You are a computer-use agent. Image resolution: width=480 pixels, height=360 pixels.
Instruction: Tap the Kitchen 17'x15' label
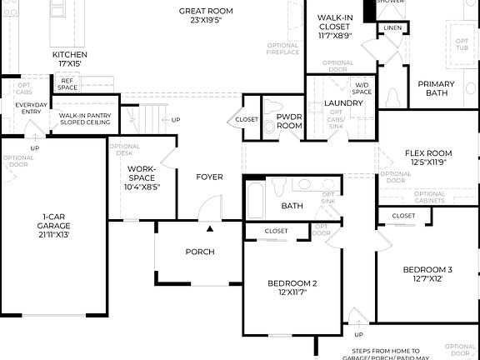[70, 59]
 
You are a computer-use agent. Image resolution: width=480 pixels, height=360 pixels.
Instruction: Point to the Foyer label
[209, 177]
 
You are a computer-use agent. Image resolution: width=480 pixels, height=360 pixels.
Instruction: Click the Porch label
[200, 252]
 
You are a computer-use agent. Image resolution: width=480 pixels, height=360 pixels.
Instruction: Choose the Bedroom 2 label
[292, 288]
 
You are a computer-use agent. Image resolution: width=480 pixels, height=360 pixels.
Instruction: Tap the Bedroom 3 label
[427, 274]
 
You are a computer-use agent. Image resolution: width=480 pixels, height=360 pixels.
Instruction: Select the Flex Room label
[427, 157]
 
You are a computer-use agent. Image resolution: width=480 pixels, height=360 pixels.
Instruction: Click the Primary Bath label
[436, 88]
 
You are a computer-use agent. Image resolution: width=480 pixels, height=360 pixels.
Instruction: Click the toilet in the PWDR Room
[271, 127]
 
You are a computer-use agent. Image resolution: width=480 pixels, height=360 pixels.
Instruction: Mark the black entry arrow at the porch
[211, 227]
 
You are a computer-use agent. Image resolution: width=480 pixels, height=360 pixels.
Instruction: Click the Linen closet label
[392, 28]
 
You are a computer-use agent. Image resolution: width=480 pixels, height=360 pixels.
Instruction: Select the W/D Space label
[362, 88]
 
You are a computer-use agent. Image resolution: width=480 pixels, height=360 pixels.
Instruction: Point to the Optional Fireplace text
[283, 48]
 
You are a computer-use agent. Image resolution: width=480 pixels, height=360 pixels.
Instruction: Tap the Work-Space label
[142, 177]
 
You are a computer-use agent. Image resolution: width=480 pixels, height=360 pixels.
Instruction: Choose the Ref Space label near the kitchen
[67, 84]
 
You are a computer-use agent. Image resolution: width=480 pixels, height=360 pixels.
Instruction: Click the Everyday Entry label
[32, 109]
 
